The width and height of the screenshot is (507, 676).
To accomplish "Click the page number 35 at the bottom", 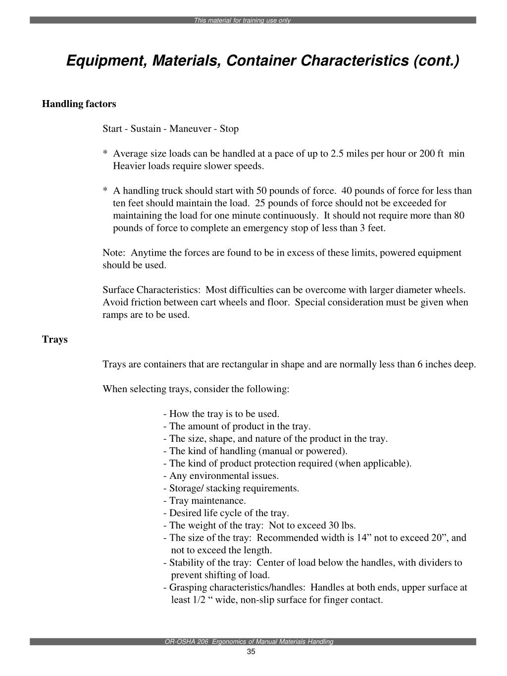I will point(251,652).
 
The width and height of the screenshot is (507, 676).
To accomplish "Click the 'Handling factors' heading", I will point(79,104).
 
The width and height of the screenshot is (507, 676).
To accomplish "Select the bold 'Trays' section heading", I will point(54,340).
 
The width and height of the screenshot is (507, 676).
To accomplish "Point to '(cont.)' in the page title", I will point(436,61).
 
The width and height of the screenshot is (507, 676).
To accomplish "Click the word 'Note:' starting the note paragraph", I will point(113,253).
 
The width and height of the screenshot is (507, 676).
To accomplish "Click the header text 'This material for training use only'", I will point(242,21).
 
